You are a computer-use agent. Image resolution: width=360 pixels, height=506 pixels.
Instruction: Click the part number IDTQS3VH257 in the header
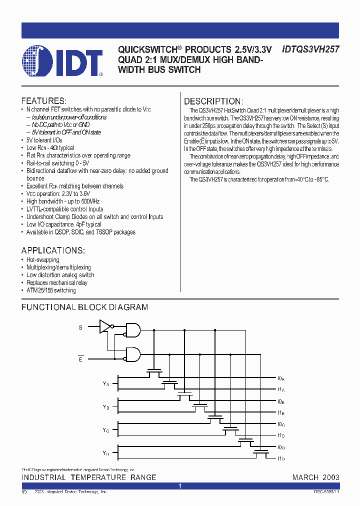[x=311, y=49]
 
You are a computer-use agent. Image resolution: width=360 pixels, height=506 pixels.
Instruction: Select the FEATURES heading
[x=43, y=100]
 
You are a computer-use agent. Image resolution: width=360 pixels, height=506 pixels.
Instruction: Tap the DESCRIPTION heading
[x=213, y=101]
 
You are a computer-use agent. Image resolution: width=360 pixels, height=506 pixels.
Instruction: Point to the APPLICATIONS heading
[x=53, y=250]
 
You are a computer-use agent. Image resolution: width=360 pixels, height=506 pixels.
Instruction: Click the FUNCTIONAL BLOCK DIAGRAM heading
[x=84, y=307]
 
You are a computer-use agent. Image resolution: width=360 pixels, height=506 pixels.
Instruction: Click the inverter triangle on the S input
[x=105, y=326]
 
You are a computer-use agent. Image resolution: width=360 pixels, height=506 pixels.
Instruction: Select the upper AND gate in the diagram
[x=133, y=329]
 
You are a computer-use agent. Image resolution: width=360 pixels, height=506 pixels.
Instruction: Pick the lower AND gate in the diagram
[x=133, y=354]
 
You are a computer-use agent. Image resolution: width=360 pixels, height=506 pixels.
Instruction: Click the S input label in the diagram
[x=80, y=327]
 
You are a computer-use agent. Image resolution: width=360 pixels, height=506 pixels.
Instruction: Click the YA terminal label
[x=106, y=384]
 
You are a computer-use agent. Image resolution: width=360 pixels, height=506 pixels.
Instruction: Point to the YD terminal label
[x=106, y=453]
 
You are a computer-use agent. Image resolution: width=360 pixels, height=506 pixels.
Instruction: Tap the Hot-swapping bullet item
[x=42, y=259]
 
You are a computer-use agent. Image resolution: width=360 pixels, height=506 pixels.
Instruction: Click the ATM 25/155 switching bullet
[x=51, y=290]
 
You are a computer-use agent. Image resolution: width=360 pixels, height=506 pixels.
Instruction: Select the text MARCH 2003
[x=316, y=477]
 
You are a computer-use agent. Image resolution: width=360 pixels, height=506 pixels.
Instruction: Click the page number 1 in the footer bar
[x=180, y=486]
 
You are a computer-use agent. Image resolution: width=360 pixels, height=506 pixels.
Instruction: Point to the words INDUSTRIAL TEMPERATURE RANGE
[x=89, y=477]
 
